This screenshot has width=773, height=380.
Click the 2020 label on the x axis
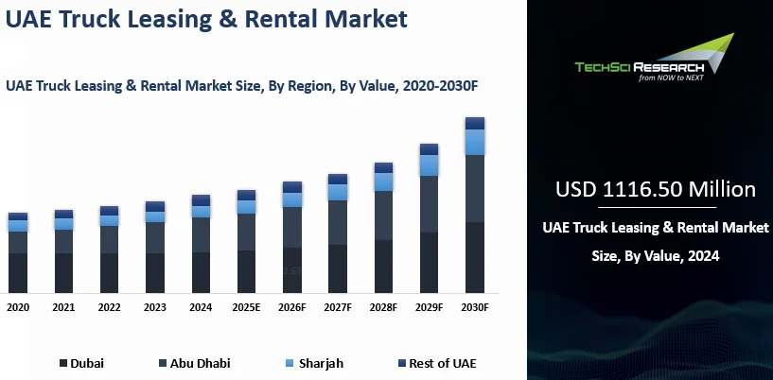pos(17,307)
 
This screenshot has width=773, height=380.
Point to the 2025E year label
pos(247,307)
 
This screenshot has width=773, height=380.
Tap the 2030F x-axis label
pos(475,307)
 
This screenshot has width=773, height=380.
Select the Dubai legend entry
pos(82,363)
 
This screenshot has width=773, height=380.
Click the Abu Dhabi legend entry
pos(194,363)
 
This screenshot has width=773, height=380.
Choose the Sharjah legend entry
pos(314,363)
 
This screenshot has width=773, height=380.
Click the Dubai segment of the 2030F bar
pos(475,257)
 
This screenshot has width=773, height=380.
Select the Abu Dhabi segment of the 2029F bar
pos(429,203)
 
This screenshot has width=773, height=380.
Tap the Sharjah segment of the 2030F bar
pos(475,142)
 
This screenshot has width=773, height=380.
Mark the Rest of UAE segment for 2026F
pos(292,187)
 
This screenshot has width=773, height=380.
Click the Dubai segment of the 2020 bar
pos(17,272)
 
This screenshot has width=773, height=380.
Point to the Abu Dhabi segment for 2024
pos(201,234)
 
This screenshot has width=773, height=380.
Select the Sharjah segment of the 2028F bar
pos(383,181)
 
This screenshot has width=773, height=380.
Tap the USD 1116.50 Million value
pos(655,189)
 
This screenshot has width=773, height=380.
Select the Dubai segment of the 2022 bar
pos(109,272)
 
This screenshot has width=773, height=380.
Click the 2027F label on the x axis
pos(338,307)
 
